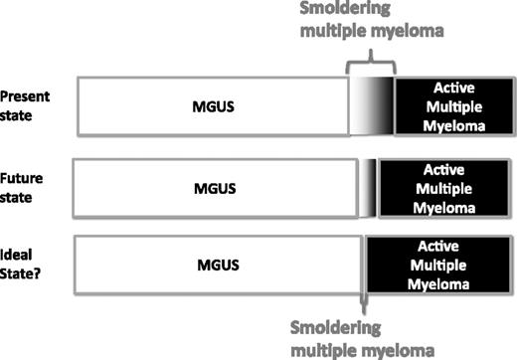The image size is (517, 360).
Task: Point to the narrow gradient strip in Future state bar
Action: tap(369, 186)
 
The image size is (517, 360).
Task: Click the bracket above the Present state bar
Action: tap(370, 64)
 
